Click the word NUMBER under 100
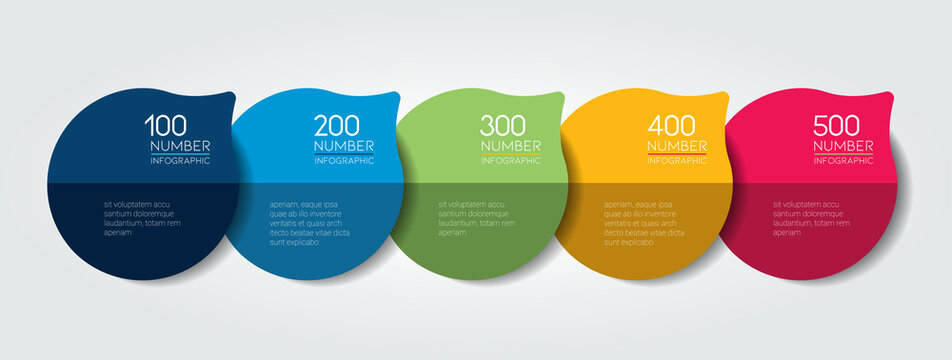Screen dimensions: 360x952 click(x=180, y=146)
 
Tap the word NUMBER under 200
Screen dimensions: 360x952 click(x=344, y=146)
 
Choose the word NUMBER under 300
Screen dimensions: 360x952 click(x=510, y=146)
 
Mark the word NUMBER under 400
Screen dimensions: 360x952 click(x=677, y=146)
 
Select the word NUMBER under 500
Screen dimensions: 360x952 click(x=844, y=146)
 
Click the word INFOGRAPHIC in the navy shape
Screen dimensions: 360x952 click(x=180, y=160)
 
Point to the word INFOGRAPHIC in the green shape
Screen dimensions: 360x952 click(x=510, y=160)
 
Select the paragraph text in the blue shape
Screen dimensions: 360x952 click(x=309, y=223)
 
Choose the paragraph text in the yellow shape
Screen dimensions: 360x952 click(x=643, y=223)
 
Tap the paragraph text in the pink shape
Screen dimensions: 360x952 click(x=809, y=218)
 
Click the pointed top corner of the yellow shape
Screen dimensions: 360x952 click(x=729, y=94)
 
